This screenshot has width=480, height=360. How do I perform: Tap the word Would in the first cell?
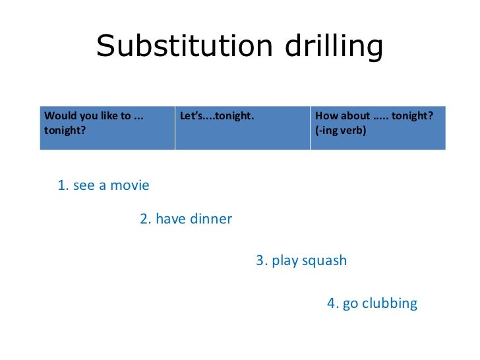pos(57,117)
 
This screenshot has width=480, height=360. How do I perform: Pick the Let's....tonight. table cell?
pos(217,117)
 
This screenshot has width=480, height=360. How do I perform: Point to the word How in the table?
pos(326,117)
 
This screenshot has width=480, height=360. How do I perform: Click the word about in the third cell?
pos(355,117)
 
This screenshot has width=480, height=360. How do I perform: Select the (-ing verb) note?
pos(341,130)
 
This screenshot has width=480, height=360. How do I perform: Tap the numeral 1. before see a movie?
pos(63,186)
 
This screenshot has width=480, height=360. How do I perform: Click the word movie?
pos(129,186)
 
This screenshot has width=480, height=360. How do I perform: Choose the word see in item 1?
pos(84,186)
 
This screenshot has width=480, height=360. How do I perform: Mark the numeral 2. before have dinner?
pos(146,220)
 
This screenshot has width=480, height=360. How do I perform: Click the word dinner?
pos(211,220)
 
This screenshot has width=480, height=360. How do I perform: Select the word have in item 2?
pos(171,220)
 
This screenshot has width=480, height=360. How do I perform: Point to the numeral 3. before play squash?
pos(262,261)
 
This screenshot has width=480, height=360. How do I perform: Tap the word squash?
pos(324,261)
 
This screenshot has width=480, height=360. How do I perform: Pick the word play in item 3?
pos(285,261)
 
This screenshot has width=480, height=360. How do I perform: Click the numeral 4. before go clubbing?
pos(333,304)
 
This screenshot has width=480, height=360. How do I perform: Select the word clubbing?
pos(389,304)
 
